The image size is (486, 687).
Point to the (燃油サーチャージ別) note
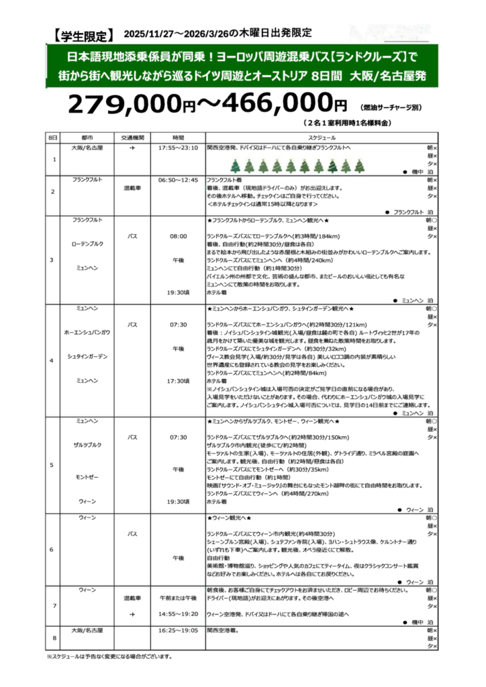(390, 107)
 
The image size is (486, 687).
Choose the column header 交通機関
(132, 137)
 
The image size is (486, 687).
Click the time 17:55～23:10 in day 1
(178, 146)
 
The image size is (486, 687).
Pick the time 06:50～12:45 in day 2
(178, 180)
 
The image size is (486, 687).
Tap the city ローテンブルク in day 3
(87, 243)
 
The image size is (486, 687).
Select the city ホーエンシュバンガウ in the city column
(87, 332)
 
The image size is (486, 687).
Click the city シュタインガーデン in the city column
(87, 356)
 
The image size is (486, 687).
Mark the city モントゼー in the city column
(87, 477)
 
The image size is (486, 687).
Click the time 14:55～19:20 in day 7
(178, 614)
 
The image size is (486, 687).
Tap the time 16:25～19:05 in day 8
(178, 631)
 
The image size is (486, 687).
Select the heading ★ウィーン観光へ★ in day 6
(230, 519)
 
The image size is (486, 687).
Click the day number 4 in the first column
(52, 361)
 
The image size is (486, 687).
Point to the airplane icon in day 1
(132, 146)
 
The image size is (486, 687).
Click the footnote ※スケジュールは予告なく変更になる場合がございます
(109, 656)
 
